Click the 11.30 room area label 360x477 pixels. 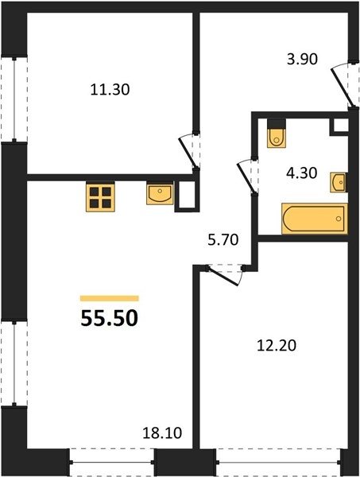coord(110,90)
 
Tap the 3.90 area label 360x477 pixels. coord(302,60)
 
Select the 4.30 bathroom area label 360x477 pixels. coord(302,173)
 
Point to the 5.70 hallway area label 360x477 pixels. coord(223,240)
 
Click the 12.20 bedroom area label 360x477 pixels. coord(277,346)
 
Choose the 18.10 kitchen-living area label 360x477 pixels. coord(162,433)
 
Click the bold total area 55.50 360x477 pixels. coord(110,319)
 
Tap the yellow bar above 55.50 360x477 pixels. coord(110,298)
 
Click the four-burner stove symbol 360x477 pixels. coord(100,196)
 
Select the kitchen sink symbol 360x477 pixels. coord(160,193)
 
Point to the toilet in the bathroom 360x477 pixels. coord(277,134)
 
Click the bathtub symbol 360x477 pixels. coord(315,219)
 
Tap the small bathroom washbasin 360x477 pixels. coord(339,183)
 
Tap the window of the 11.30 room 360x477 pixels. coord(14,99)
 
